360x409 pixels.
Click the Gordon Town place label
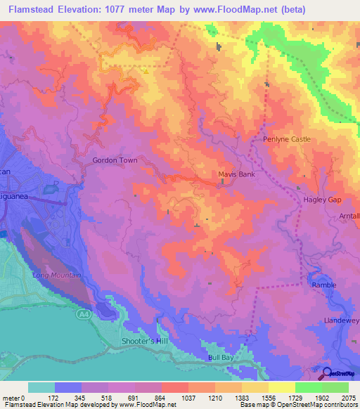[x=115, y=160]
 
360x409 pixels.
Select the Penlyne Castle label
[x=286, y=139]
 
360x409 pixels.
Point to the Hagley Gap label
[x=321, y=200]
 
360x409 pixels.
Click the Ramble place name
[x=324, y=286]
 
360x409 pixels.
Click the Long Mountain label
[x=56, y=275]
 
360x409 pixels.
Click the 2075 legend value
[x=347, y=398]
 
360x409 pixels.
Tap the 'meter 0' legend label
[x=15, y=398]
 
